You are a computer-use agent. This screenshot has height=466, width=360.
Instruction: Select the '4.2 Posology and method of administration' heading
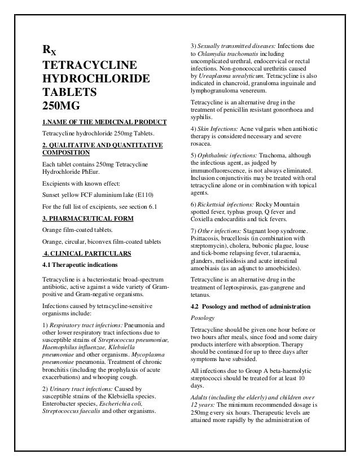pyautogui.click(x=251, y=306)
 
